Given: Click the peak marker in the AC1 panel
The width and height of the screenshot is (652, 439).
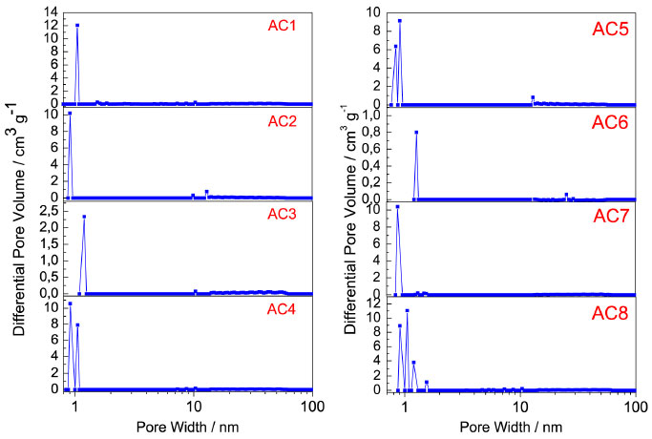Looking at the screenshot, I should [77, 26].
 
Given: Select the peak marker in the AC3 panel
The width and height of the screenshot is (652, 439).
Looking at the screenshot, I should [84, 217].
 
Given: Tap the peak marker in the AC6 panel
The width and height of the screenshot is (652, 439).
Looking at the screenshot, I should [416, 132].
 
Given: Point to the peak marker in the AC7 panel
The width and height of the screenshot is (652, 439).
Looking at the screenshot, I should [397, 207].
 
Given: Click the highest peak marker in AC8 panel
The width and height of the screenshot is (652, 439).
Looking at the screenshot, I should [408, 310].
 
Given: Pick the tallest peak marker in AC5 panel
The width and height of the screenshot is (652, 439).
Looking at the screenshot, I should [400, 21].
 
